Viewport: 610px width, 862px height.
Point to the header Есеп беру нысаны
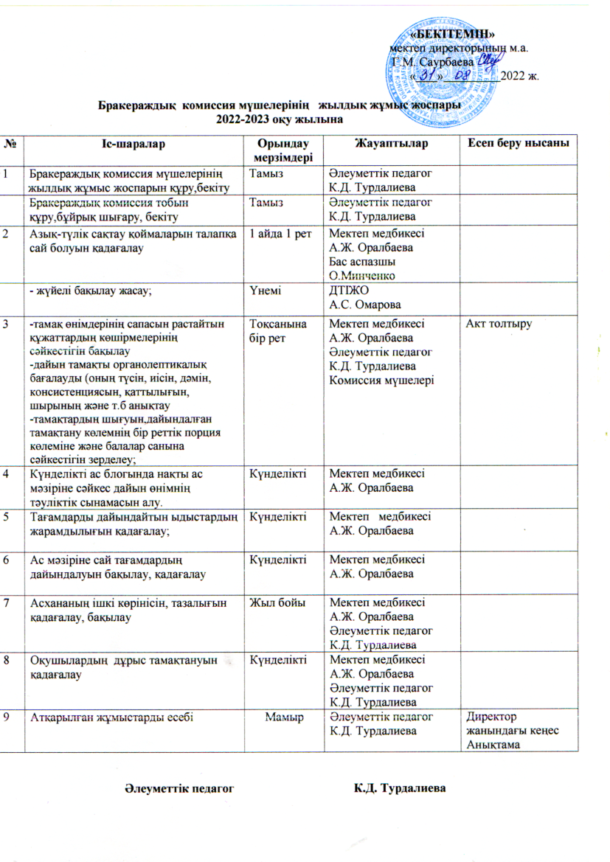[519, 142]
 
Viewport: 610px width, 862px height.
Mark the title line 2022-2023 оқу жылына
[280, 118]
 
